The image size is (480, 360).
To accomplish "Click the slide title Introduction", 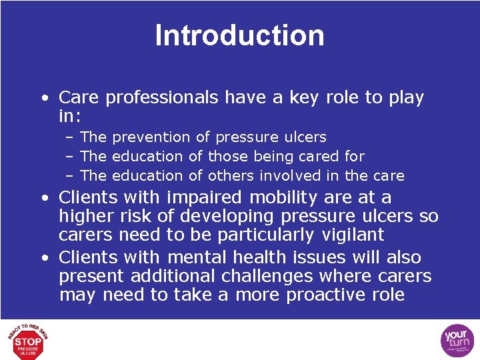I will click(239, 35).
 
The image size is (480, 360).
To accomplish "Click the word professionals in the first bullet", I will click(162, 97).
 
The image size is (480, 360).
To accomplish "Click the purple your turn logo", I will click(457, 341).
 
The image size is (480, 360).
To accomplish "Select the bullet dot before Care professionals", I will click(43, 98).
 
